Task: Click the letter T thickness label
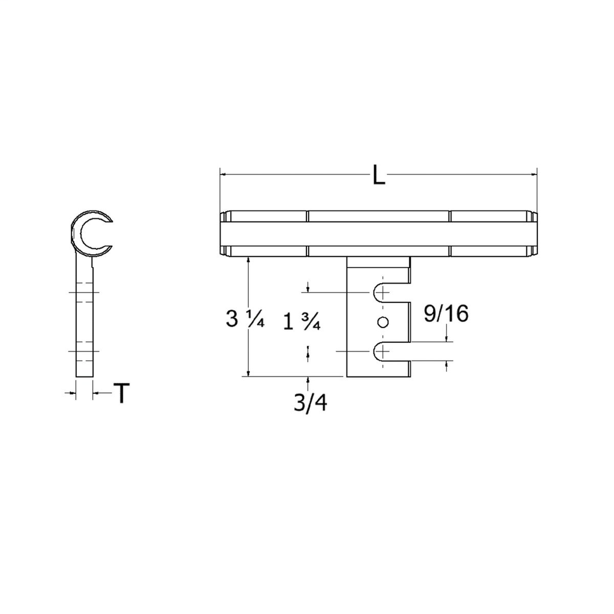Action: tap(122, 393)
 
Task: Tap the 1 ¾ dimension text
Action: tap(302, 323)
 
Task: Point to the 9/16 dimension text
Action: tap(446, 314)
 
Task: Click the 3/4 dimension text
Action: tap(310, 403)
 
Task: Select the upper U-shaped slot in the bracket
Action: tap(390, 292)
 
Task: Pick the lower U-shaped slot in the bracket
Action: tap(390, 352)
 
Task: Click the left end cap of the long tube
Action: tap(224, 234)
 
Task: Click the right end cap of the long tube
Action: tap(533, 234)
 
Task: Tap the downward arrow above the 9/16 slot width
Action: tap(447, 338)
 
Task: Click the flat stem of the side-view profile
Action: tap(84, 318)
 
